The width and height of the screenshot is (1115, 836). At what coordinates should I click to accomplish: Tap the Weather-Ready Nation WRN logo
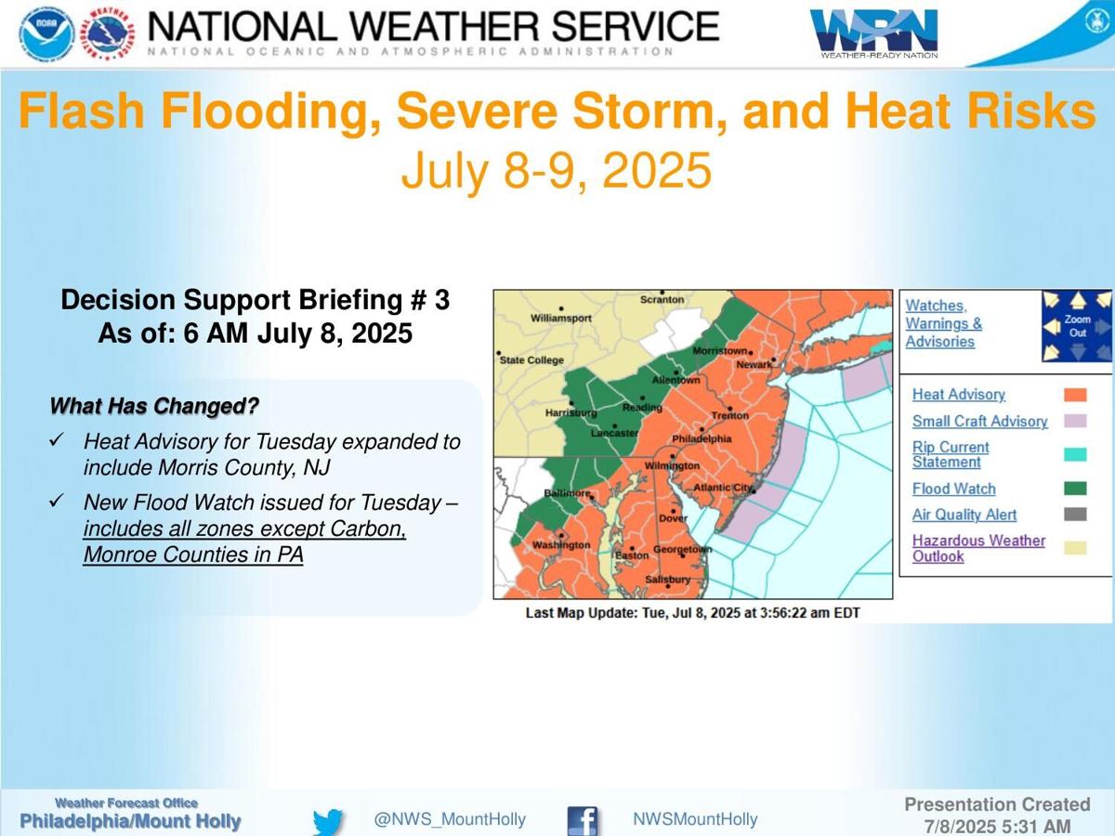[x=874, y=33]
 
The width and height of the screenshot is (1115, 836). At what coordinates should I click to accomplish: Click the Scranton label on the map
[x=662, y=300]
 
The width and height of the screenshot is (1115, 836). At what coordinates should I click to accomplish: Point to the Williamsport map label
[x=560, y=318]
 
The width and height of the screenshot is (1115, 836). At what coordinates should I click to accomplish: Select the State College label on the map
[x=532, y=359]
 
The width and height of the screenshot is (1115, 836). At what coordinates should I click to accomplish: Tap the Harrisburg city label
[x=570, y=411]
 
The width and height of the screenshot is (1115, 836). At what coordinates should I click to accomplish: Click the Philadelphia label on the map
[x=702, y=438]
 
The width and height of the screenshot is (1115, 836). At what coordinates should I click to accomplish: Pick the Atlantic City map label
[x=723, y=487]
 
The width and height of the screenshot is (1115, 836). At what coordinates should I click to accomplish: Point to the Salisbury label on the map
[x=667, y=580]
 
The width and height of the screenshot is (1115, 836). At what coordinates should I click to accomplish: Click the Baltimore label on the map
[x=567, y=493]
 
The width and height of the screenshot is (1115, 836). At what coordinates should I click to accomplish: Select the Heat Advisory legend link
[x=958, y=395]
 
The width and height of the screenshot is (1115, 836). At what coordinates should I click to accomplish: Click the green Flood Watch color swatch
[x=1075, y=489]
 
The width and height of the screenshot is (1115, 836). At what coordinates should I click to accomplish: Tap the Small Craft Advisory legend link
[x=979, y=422]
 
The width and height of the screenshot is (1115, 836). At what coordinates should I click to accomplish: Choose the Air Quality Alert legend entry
[x=964, y=515]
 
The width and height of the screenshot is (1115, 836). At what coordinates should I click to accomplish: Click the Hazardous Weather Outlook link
[x=978, y=548]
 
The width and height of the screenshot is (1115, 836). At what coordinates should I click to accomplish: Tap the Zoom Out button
[x=1077, y=326]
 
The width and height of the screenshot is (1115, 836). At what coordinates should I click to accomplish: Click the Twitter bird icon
[x=328, y=821]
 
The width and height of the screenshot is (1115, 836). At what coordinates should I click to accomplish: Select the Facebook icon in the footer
[x=583, y=821]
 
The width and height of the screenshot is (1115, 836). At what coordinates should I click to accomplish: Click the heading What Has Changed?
[x=153, y=406]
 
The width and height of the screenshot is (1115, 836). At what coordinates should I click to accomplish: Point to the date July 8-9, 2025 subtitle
[x=556, y=171]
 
